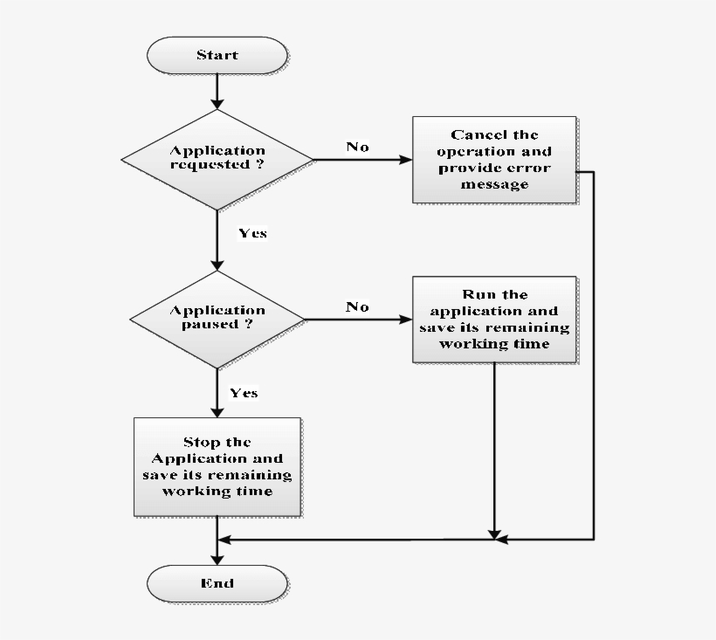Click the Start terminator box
[x=217, y=55]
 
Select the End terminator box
[x=217, y=583]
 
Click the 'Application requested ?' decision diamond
[x=217, y=159]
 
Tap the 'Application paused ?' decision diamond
[x=217, y=319]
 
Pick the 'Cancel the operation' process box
[x=494, y=160]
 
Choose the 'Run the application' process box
[x=494, y=320]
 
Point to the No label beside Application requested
[x=357, y=147]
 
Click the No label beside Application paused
[x=357, y=306]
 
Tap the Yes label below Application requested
[x=252, y=233]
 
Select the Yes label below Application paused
[x=244, y=393]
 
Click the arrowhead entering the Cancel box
[x=406, y=160]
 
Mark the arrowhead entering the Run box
[x=406, y=320]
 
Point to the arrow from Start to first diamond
[x=217, y=91]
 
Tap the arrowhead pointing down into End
[x=217, y=559]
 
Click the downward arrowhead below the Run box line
[x=495, y=533]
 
